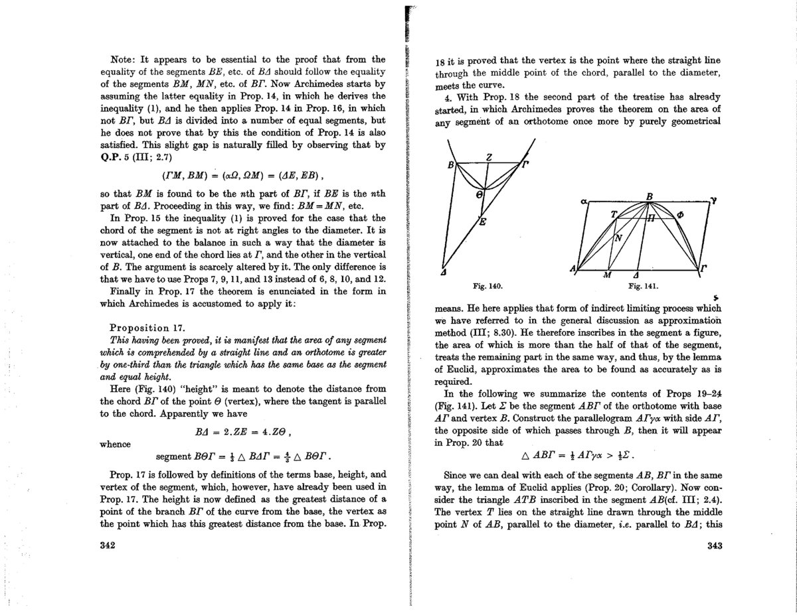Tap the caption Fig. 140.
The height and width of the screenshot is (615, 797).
pos(486,286)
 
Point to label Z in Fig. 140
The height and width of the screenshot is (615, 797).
pos(488,157)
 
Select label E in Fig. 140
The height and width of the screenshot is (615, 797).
pos(483,223)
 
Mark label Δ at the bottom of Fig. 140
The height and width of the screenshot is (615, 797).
pos(444,271)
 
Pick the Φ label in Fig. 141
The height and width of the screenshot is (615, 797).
pos(679,214)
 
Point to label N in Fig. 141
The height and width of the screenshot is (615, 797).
pos(618,237)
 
